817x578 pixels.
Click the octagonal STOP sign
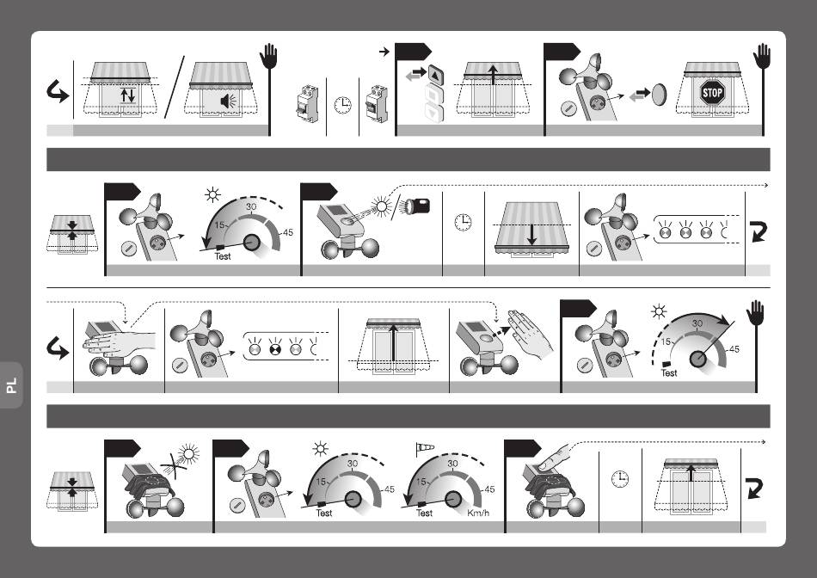[x=712, y=93]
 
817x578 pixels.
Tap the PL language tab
[x=11, y=385]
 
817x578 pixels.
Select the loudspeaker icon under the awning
[x=228, y=101]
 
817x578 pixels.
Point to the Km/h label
[x=478, y=513]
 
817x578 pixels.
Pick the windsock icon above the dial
[x=425, y=448]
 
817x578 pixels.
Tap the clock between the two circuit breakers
[x=342, y=105]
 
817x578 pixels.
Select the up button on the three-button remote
[x=435, y=74]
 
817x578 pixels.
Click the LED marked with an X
[x=274, y=348]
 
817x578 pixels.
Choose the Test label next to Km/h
[x=424, y=513]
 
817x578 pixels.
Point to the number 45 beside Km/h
[x=489, y=489]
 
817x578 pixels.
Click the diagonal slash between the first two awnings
[x=175, y=87]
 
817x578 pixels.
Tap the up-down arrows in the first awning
[x=127, y=95]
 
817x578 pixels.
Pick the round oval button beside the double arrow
[x=659, y=95]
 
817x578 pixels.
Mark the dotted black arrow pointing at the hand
[x=501, y=331]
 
